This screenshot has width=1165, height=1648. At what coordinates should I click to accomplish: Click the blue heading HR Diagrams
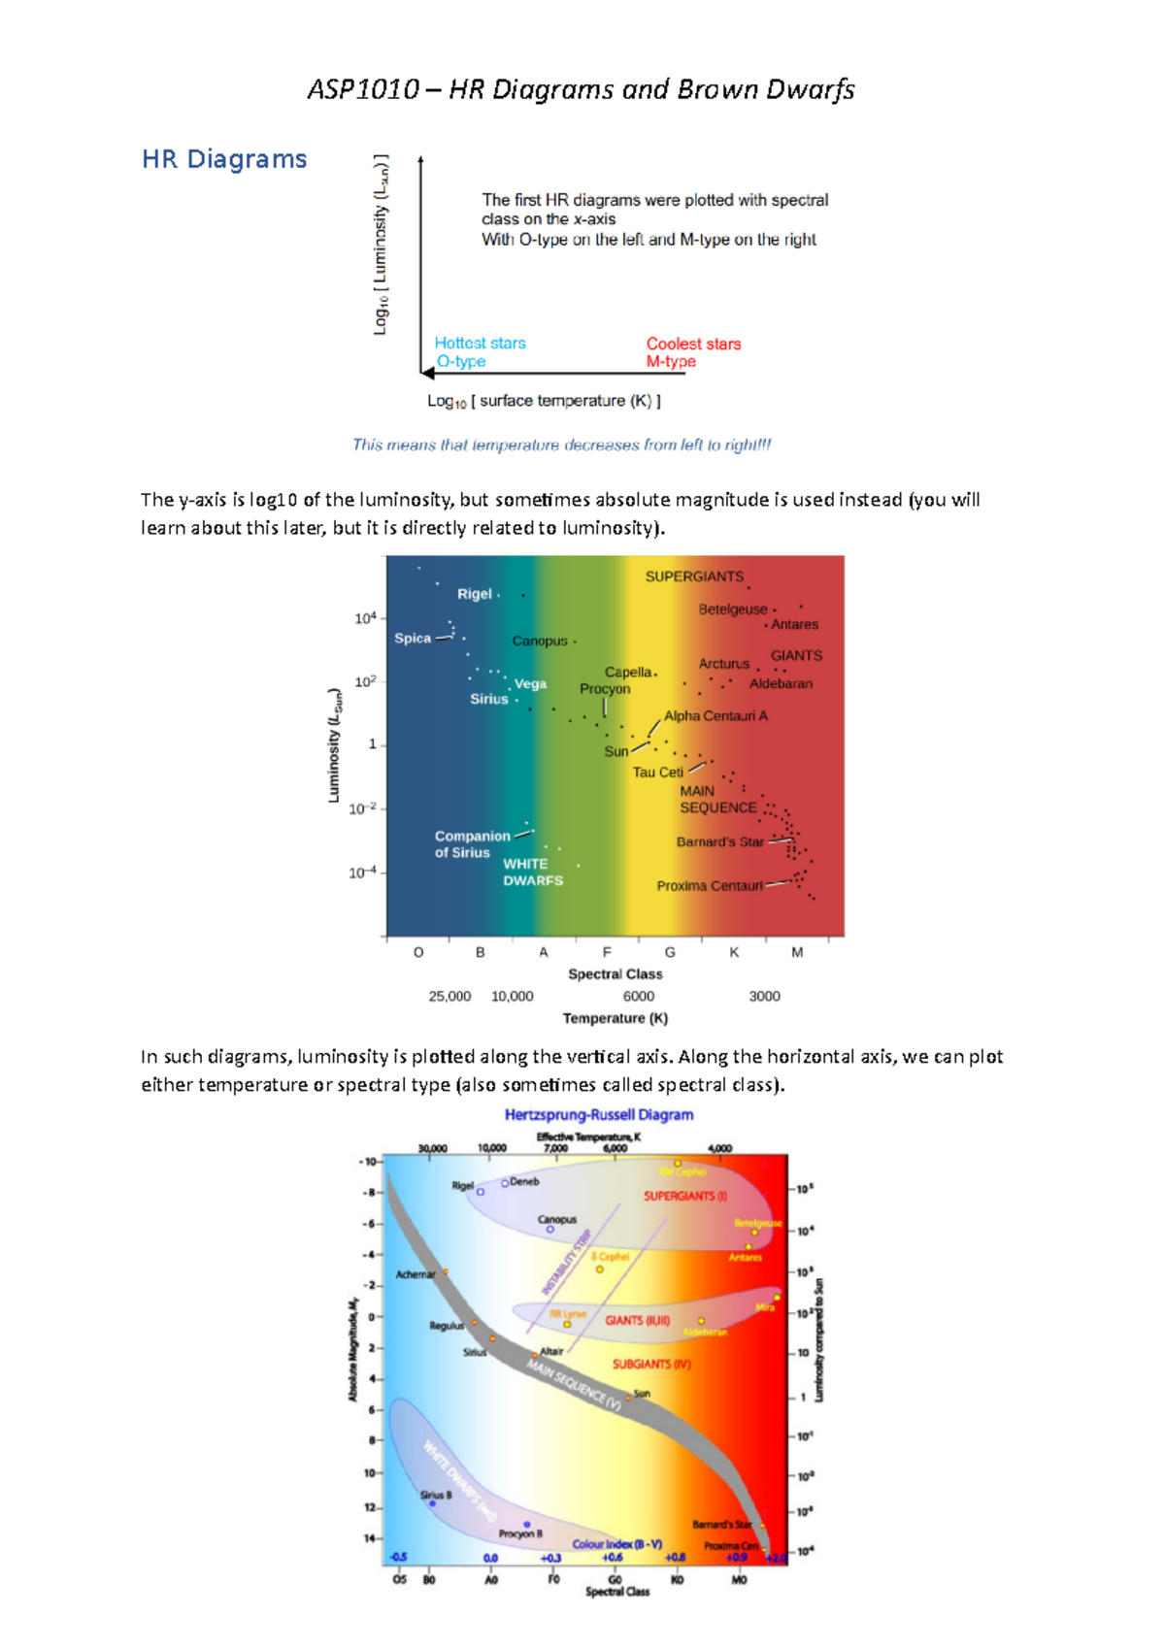[224, 159]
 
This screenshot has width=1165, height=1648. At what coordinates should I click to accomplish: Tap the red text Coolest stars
[693, 344]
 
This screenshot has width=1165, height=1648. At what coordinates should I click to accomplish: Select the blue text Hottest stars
[480, 343]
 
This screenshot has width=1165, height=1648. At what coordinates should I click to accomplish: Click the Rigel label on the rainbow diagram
[475, 594]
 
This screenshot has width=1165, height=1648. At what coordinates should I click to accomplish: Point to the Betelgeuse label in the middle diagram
[733, 610]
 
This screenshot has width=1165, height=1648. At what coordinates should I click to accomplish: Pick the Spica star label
[413, 638]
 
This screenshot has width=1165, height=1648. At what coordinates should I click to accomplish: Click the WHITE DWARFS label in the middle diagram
[532, 872]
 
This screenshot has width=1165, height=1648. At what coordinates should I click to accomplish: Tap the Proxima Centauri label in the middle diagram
[710, 886]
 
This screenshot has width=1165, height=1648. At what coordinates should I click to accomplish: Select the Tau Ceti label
[658, 773]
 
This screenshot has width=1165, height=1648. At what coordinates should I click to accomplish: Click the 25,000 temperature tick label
[449, 996]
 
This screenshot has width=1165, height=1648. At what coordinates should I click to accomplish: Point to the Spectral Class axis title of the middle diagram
[615, 973]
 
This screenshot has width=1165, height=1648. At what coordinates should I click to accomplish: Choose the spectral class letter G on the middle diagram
[670, 952]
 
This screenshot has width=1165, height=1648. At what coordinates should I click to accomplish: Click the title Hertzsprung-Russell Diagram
[599, 1114]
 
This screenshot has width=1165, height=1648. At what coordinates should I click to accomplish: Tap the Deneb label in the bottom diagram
[524, 1181]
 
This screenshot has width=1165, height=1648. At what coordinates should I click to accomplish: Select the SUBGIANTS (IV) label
[651, 1364]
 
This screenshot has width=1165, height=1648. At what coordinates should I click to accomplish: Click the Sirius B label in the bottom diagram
[436, 1495]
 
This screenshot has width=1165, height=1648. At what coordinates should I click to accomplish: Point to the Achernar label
[416, 1274]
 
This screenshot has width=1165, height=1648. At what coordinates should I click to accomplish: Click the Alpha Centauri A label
[716, 715]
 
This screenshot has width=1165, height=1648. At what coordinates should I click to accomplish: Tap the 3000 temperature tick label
[764, 996]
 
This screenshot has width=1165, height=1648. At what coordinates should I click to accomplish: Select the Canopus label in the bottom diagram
[557, 1219]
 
